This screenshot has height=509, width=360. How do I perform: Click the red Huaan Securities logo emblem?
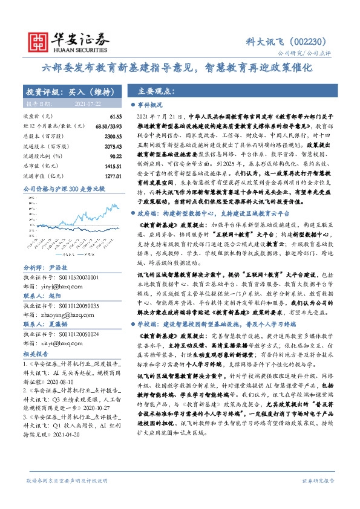click(x=38, y=40)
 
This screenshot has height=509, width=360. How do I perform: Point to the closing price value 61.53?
click(x=116, y=116)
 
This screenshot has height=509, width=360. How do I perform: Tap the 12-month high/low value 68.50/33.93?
click(x=108, y=125)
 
